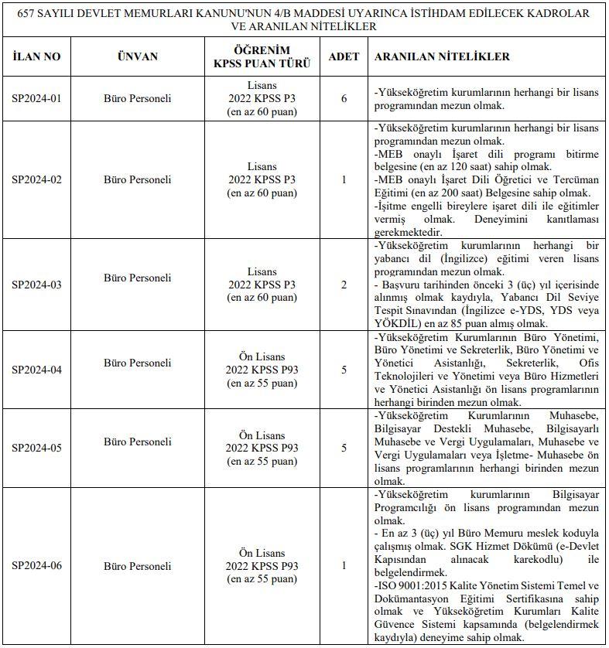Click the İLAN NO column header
(36, 57)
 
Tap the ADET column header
(344, 57)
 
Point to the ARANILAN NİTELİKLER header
(442, 57)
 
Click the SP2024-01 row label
(36, 99)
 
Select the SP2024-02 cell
(36, 179)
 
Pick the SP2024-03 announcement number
(36, 285)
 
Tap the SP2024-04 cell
(36, 370)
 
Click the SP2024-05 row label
(36, 448)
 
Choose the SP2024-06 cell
(36, 566)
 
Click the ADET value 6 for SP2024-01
(344, 99)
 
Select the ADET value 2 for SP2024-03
(344, 285)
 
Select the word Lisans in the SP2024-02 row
(262, 166)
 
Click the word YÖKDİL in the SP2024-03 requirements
(397, 323)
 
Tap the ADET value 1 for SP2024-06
(344, 566)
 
